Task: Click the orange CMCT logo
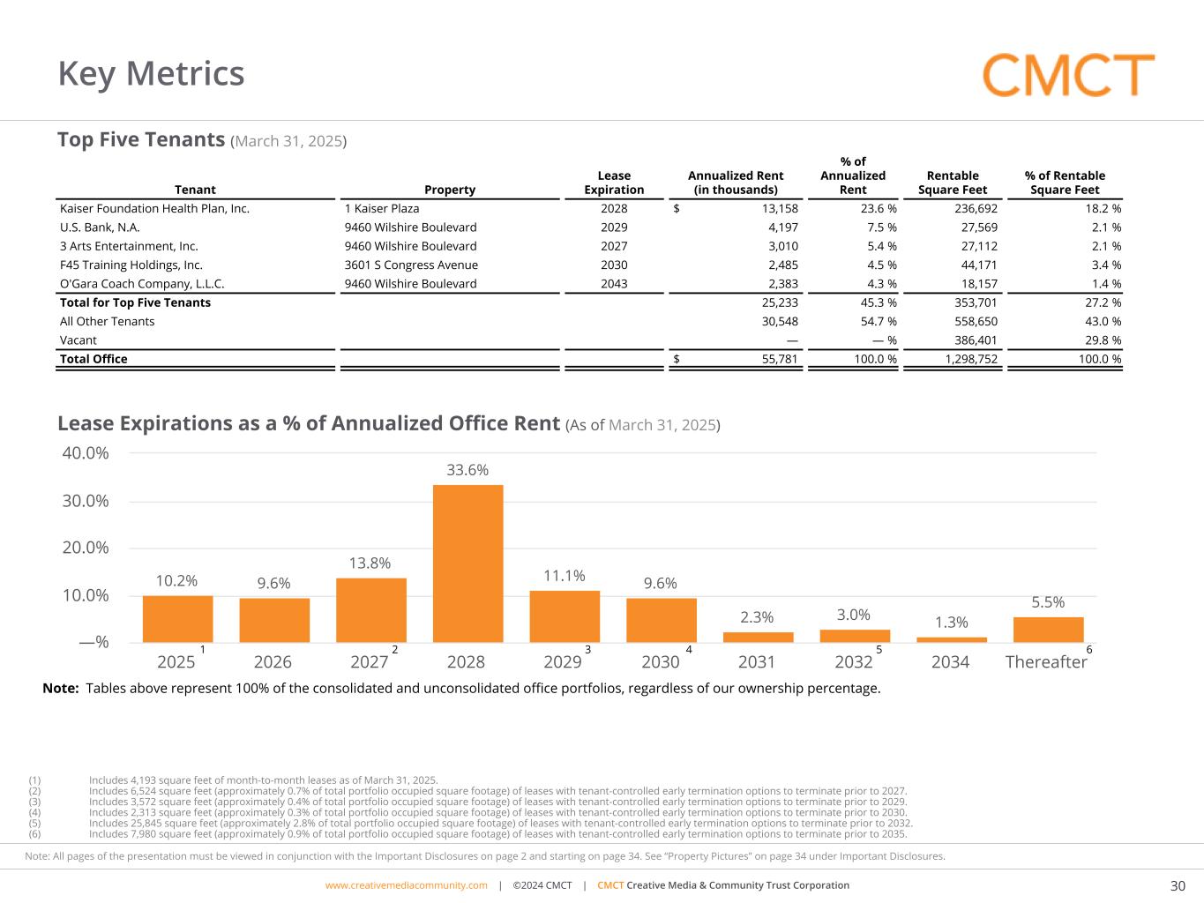(1068, 75)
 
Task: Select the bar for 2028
(467, 563)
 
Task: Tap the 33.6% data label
(467, 470)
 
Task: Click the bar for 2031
(758, 637)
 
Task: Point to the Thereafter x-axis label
(1046, 662)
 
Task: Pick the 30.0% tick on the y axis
(86, 501)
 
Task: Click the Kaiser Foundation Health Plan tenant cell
(154, 209)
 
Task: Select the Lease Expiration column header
(614, 183)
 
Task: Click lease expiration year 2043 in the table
(614, 284)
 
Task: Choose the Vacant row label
(79, 340)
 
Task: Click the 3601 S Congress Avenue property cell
(411, 265)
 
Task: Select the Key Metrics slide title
(151, 73)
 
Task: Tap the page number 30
(1178, 886)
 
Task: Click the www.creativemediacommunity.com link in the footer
(406, 885)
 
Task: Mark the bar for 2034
(952, 639)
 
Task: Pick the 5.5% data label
(1048, 602)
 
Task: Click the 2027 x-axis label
(369, 662)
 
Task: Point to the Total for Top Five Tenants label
(135, 302)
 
